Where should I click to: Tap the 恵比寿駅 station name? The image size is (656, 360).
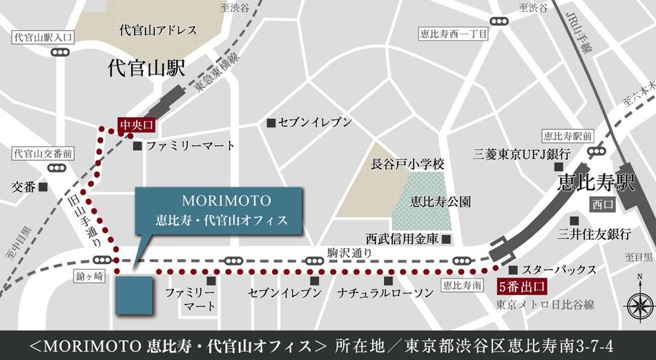point(596,184)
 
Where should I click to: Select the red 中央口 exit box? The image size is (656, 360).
point(135,124)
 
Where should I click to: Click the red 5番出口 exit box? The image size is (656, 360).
point(522,284)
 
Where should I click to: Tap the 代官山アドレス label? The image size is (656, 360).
point(158,30)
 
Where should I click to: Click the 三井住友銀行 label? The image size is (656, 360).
point(595,234)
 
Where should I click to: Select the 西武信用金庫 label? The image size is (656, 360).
point(403,240)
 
